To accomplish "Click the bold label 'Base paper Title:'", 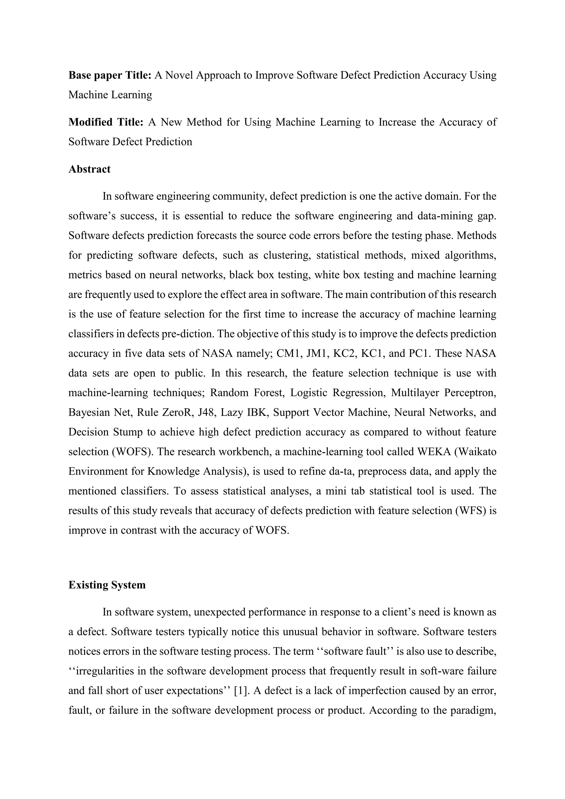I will pos(110,75).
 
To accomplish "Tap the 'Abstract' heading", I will pos(89,169).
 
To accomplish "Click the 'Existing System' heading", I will pos(107,585).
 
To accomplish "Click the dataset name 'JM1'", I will pos(315,354).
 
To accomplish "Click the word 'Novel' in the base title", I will pos(179,75).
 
